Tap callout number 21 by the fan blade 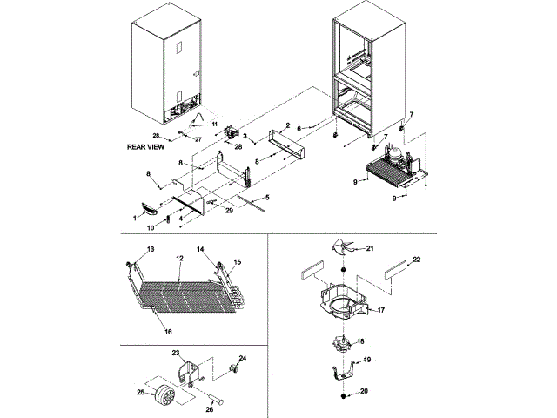point(369,249)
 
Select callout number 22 point(416,260)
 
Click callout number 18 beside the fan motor point(361,340)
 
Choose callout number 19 point(366,360)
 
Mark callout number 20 point(364,391)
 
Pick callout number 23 point(175,353)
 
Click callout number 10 point(149,228)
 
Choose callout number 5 point(266,198)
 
